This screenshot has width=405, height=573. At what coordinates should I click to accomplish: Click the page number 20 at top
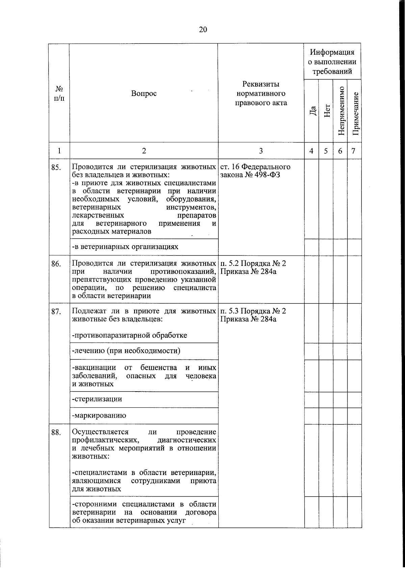point(202,29)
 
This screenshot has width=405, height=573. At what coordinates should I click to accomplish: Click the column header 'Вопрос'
point(144,94)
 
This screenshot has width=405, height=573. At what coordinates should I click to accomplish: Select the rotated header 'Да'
point(313,110)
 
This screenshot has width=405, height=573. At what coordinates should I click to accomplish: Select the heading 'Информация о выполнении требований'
point(333,62)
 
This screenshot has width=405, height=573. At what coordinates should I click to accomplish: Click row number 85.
point(56,167)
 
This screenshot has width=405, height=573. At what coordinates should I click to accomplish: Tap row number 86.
point(56,264)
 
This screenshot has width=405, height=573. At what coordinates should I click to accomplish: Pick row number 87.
point(56,312)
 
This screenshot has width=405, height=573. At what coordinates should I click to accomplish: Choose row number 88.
point(56,432)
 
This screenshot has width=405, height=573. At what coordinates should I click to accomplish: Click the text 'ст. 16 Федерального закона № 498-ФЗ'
point(255,171)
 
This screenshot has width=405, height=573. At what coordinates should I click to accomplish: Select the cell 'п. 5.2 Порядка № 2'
point(253,264)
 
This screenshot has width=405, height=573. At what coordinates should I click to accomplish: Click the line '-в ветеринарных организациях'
point(125,247)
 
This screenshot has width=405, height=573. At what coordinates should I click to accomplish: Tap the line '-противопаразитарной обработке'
point(130,335)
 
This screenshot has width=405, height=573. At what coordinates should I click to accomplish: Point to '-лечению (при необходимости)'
point(126,351)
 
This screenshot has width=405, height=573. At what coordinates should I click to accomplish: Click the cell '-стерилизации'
point(97,399)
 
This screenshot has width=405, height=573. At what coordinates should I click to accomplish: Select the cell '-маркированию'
point(99,416)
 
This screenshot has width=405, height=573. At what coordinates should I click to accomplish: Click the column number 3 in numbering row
point(261,151)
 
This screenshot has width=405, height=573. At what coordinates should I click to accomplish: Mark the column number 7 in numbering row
point(353,151)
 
